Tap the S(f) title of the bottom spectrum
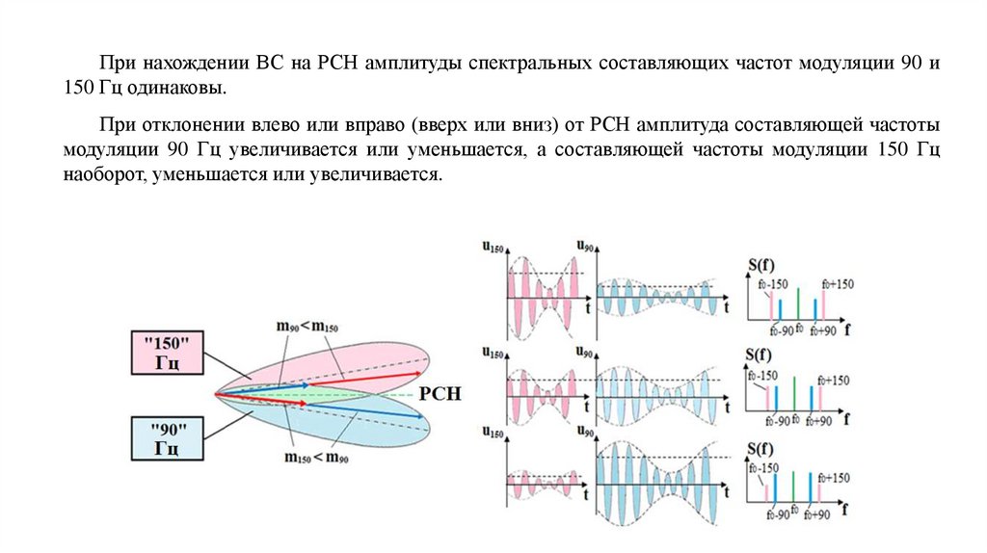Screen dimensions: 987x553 click(x=761, y=448)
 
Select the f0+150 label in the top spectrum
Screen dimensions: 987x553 click(x=837, y=283)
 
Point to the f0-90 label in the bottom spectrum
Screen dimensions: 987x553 click(x=777, y=514)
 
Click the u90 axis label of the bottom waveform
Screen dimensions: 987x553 click(x=585, y=430)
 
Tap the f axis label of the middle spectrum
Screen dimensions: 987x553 click(x=847, y=420)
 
